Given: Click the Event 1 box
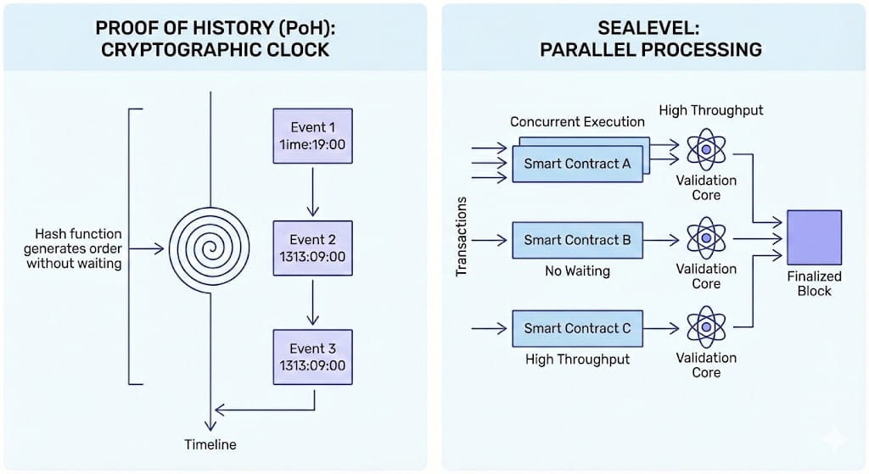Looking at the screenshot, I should pos(312,135).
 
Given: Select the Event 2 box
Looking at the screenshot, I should pos(312,248).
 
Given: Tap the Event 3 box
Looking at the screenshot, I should pos(312,357).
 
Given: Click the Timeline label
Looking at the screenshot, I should pos(210,444).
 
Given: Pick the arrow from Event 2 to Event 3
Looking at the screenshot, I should pos(312,302).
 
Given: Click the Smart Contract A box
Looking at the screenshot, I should pos(577,164).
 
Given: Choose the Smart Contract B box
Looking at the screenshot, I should pos(577,240).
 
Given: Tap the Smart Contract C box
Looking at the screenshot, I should pos(577,328).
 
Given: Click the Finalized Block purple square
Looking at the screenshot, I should pos(814,237).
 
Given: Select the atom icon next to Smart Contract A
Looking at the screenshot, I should pos(706,150).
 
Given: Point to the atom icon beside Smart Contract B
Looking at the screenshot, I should pos(706,238).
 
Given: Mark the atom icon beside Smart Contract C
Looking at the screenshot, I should pos(706,327).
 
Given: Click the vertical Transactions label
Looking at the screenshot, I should pos(462,237).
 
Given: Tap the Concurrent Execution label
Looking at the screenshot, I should pos(577,122).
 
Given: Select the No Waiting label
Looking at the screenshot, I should pos(577,272).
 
